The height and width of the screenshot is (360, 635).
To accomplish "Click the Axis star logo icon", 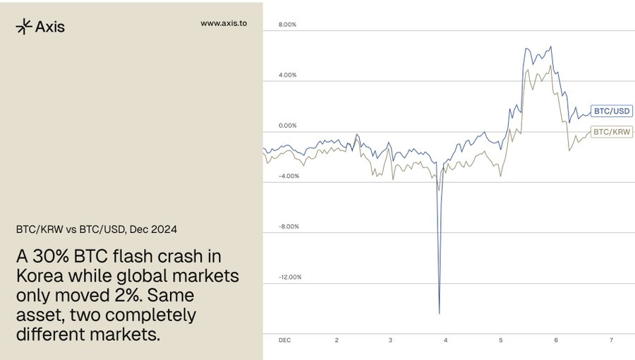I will pyautogui.click(x=23, y=26).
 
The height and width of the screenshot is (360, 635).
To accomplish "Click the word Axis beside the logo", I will pyautogui.click(x=49, y=27).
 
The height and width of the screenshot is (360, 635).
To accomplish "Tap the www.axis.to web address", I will pyautogui.click(x=224, y=23).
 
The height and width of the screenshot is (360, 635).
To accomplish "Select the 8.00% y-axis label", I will pyautogui.click(x=288, y=25).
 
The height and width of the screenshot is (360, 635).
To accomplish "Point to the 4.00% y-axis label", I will pyautogui.click(x=288, y=75).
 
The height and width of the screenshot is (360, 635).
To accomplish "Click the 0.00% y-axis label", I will pyautogui.click(x=288, y=126).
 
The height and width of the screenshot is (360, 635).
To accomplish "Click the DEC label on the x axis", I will pyautogui.click(x=284, y=340).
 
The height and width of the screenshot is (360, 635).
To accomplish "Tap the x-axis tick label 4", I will pyautogui.click(x=446, y=340).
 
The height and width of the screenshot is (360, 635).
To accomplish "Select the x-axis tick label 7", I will pyautogui.click(x=611, y=340).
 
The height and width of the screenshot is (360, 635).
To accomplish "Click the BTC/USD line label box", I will pyautogui.click(x=612, y=111).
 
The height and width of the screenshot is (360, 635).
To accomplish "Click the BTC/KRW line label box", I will pyautogui.click(x=612, y=132).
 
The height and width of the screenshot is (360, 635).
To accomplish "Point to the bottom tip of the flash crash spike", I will pyautogui.click(x=440, y=313).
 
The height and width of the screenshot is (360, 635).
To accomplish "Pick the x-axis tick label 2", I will pyautogui.click(x=337, y=340).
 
